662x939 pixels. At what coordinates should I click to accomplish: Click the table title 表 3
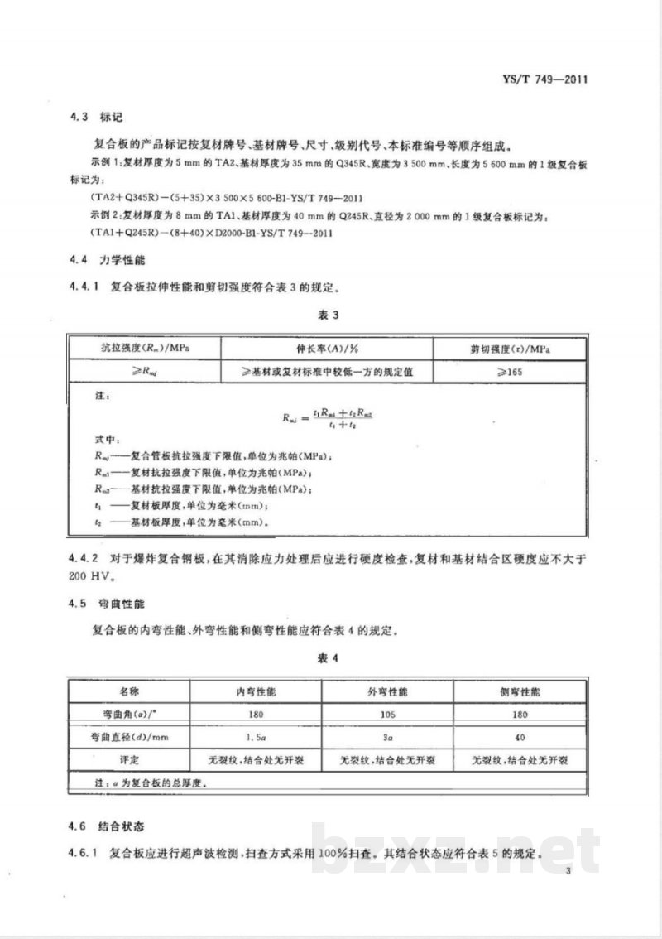[x=329, y=315]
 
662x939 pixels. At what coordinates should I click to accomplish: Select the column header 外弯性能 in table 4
[x=386, y=691]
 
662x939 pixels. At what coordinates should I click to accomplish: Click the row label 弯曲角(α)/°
[x=128, y=712]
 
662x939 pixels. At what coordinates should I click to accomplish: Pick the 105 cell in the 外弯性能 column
[x=386, y=712]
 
